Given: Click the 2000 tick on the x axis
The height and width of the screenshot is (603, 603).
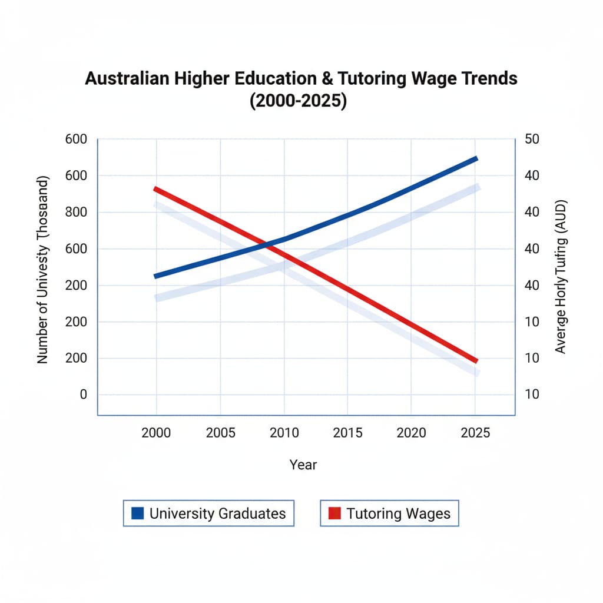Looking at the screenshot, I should coord(156,433).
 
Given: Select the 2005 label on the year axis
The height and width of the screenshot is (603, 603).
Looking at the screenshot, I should coord(221,433).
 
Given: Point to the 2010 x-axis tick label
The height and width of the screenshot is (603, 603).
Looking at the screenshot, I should coord(284,433).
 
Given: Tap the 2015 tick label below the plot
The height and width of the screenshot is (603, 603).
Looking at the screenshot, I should coord(347,433).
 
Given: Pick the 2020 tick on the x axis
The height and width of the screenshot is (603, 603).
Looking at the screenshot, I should coord(411,433).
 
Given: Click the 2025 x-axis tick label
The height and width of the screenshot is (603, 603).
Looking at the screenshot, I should coord(475,433).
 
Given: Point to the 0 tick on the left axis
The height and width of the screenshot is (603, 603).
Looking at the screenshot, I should coord(83,395).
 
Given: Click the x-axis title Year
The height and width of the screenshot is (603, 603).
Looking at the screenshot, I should coord(303,465).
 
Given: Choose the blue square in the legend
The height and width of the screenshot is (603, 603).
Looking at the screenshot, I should coord(138,513).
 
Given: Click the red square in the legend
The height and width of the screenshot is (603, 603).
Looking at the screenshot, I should coord(334,513).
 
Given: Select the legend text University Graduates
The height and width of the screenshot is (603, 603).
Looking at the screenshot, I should coord(217,513).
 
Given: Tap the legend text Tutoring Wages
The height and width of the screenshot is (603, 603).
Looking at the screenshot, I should coord(398,513).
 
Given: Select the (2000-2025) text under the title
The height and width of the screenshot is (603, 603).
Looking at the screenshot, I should coord(298,101).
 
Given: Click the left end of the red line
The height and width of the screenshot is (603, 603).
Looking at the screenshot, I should coord(155,189).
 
